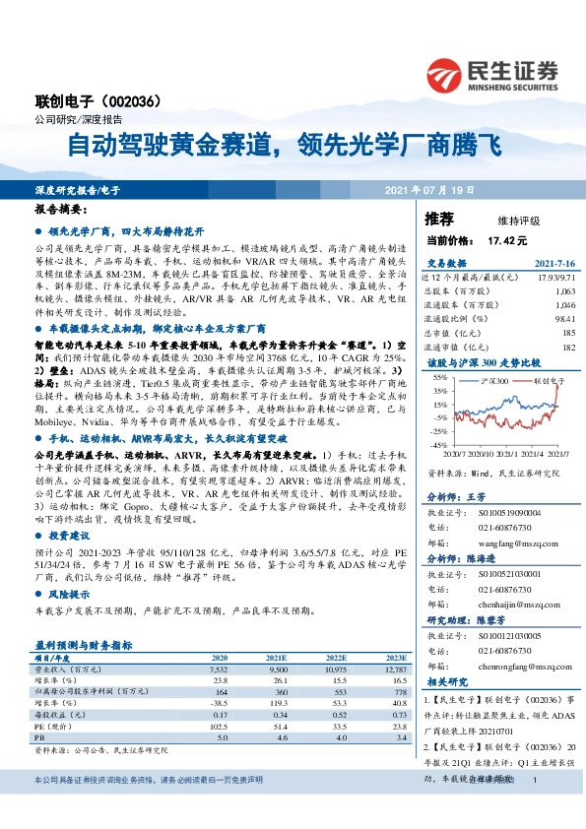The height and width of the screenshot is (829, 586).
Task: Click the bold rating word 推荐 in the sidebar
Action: [439, 218]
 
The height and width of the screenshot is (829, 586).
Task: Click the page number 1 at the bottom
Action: [533, 807]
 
